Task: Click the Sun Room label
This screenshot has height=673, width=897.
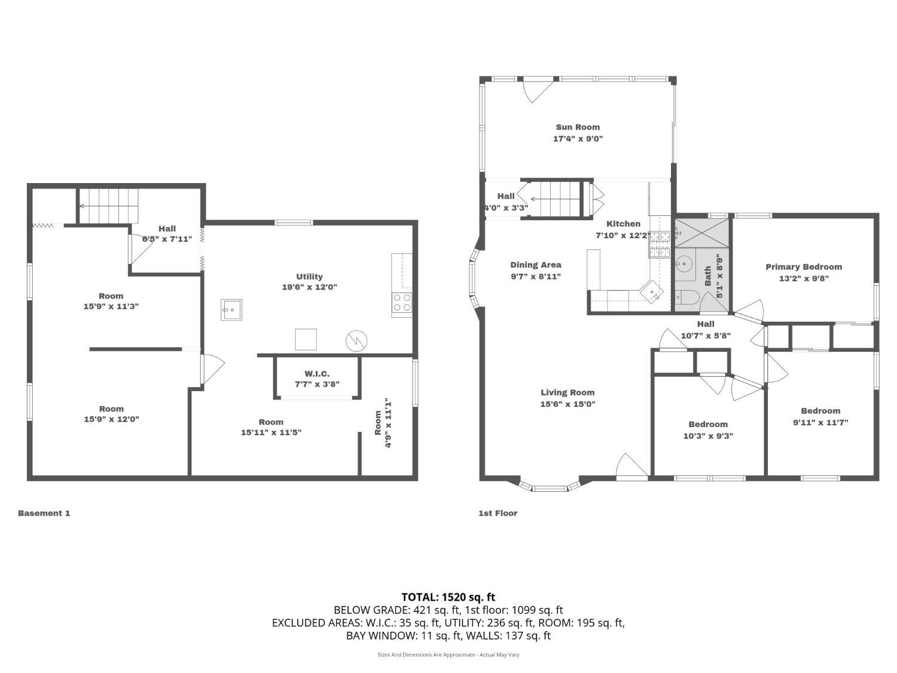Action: click(x=578, y=127)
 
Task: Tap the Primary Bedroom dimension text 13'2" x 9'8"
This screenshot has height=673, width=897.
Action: click(x=804, y=278)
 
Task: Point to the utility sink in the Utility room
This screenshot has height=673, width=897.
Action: click(x=231, y=309)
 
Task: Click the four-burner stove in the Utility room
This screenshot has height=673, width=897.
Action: click(x=402, y=303)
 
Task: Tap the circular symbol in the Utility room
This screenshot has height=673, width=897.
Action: click(x=356, y=340)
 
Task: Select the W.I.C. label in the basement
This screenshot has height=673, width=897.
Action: click(x=317, y=373)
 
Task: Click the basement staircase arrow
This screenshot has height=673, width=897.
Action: click(x=108, y=206)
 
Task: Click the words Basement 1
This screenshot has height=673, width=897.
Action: click(x=44, y=513)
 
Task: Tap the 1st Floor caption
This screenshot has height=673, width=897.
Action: click(x=498, y=513)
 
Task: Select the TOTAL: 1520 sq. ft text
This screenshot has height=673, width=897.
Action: click(x=448, y=597)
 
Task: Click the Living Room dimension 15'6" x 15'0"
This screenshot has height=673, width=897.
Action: click(x=568, y=404)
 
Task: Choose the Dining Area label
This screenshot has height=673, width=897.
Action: click(x=536, y=265)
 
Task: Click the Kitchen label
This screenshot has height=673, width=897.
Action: click(x=623, y=224)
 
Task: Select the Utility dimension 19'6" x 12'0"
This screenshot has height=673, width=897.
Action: click(x=309, y=287)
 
